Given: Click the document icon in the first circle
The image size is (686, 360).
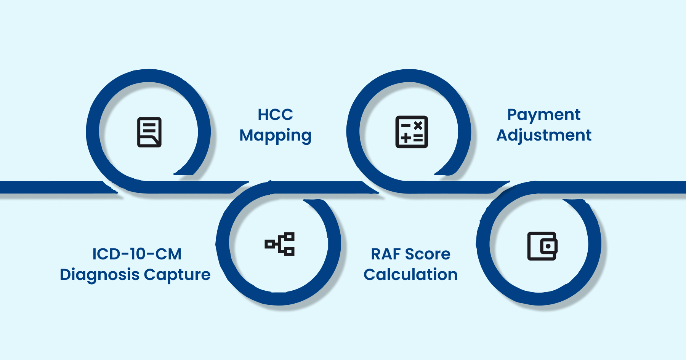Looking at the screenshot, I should pyautogui.click(x=149, y=132).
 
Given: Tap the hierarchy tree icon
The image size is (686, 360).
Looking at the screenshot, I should pyautogui.click(x=280, y=244).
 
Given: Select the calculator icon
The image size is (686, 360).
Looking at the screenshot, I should pyautogui.click(x=412, y=132).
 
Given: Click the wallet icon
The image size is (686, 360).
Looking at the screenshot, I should pyautogui.click(x=542, y=246).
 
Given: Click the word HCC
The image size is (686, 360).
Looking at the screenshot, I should pyautogui.click(x=275, y=115).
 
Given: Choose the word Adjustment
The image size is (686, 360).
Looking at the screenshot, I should pyautogui.click(x=543, y=136).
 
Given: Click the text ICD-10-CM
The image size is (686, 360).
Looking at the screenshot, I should pyautogui.click(x=137, y=254).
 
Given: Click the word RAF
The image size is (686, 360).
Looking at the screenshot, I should pyautogui.click(x=386, y=254).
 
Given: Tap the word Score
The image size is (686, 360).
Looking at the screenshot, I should pyautogui.click(x=428, y=254).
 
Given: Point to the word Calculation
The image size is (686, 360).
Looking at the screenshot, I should pyautogui.click(x=410, y=275).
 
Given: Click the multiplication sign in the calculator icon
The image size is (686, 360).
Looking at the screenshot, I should pyautogui.click(x=418, y=125).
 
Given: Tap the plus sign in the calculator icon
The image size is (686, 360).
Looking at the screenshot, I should pyautogui.click(x=406, y=138).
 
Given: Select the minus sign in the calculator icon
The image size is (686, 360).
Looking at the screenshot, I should pyautogui.click(x=406, y=125).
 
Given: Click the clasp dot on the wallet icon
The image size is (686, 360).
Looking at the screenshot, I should pyautogui.click(x=548, y=246).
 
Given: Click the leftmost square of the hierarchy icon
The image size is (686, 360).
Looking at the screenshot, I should pyautogui.click(x=270, y=244).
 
